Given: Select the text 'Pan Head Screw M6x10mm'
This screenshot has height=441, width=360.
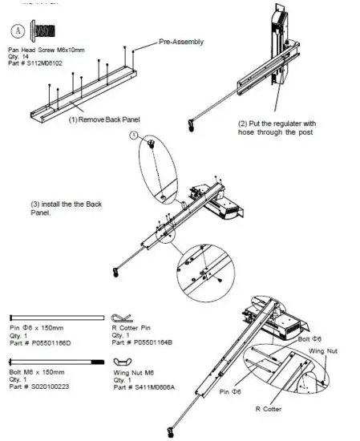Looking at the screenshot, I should tap(49, 52).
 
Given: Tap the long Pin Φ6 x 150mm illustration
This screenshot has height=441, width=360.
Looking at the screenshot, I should tap(55, 316).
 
